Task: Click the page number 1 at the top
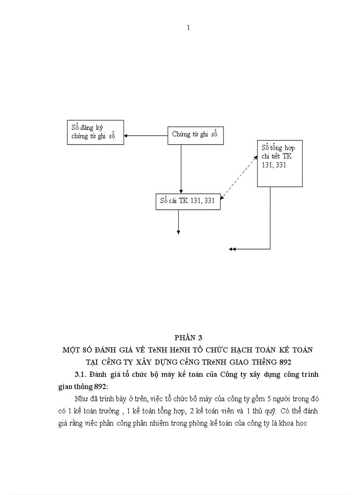pyautogui.click(x=188, y=28)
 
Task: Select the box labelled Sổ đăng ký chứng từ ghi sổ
pyautogui.click(x=95, y=132)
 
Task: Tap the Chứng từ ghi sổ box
pyautogui.click(x=195, y=135)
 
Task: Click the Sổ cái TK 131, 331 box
pyautogui.click(x=187, y=201)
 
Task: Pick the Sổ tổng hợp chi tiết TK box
pyautogui.click(x=280, y=163)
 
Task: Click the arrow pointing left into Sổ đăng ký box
pyautogui.click(x=146, y=135)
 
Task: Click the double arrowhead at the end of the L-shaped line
pyautogui.click(x=232, y=249)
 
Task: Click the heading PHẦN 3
pyautogui.click(x=188, y=338)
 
